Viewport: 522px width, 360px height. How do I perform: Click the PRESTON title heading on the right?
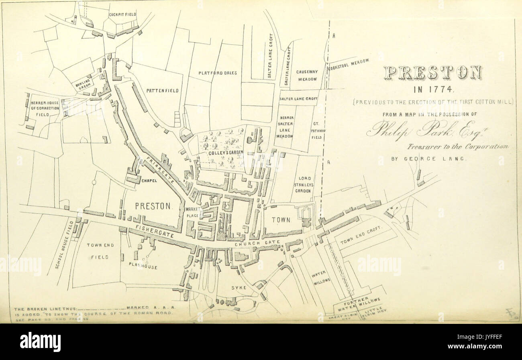click(432, 73)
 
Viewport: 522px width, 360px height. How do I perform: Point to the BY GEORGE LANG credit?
click(428, 159)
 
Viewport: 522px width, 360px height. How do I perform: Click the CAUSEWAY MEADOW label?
click(307, 75)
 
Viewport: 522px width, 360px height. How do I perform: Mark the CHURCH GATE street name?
click(253, 244)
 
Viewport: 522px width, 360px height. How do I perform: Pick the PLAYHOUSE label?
click(143, 266)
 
